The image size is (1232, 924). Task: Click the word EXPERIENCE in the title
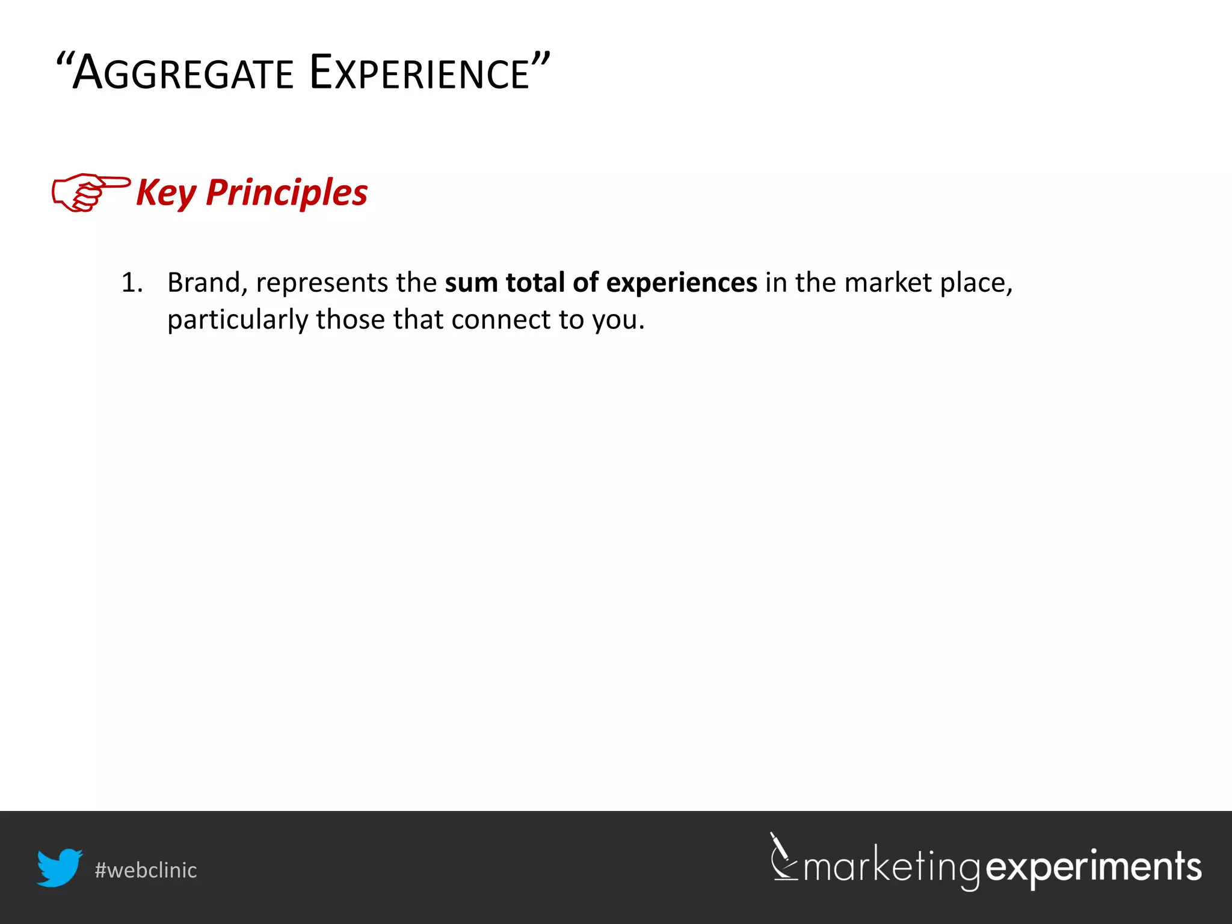pos(419,73)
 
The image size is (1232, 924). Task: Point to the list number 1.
pos(132,283)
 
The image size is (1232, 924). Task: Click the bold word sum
pos(471,283)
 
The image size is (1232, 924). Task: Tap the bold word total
pos(535,283)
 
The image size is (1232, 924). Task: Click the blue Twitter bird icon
pos(59,867)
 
